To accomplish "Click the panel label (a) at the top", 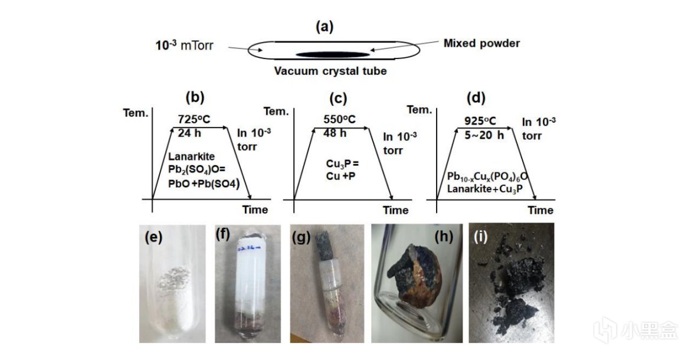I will (x=325, y=27).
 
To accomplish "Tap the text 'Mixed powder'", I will (x=482, y=43).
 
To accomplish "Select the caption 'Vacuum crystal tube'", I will (x=330, y=72).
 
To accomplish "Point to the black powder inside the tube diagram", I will (x=332, y=55).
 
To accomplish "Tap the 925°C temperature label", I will (x=479, y=121).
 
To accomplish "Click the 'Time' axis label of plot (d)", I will (x=540, y=210).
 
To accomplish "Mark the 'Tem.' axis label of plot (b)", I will (x=135, y=113).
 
